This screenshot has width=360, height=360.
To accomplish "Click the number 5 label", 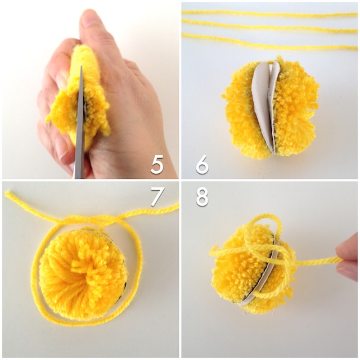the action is pyautogui.click(x=157, y=164).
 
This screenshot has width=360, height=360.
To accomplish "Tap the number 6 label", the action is pyautogui.click(x=202, y=164).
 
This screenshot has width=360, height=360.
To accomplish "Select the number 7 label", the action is pyautogui.click(x=157, y=196).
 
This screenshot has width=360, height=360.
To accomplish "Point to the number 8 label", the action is pyautogui.click(x=202, y=196).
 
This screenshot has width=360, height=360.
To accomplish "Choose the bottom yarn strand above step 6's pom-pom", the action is pyautogui.click(x=270, y=41).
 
